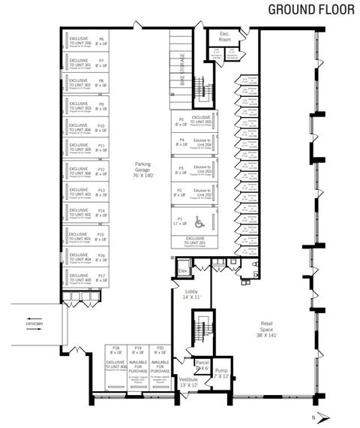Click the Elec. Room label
coord(223,38)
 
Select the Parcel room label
coord(201,365)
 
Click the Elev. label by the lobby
coord(181,270)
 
